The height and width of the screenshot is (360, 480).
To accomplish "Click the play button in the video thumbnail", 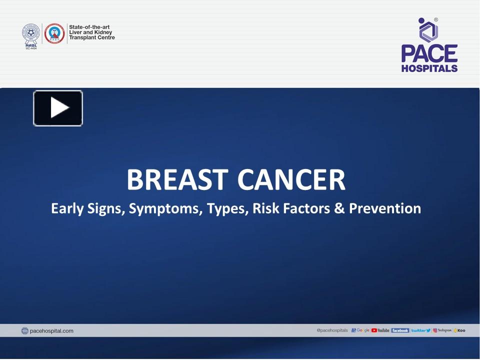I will (58, 108).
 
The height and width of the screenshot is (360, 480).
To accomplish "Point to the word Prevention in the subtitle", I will (385, 208).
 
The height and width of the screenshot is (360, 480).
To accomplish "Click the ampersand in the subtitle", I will (339, 208).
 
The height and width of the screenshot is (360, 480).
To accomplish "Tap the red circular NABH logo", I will (54, 33).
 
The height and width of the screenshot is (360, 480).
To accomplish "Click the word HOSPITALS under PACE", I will (429, 68).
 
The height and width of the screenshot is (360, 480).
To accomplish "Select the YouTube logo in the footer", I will (380, 330).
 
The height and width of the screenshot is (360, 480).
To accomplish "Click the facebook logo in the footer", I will (400, 330).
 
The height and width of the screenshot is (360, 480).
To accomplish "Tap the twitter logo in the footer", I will (420, 330).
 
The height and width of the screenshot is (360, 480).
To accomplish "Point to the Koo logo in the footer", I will (459, 330).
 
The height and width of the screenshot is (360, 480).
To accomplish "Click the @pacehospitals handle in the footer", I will (332, 330).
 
